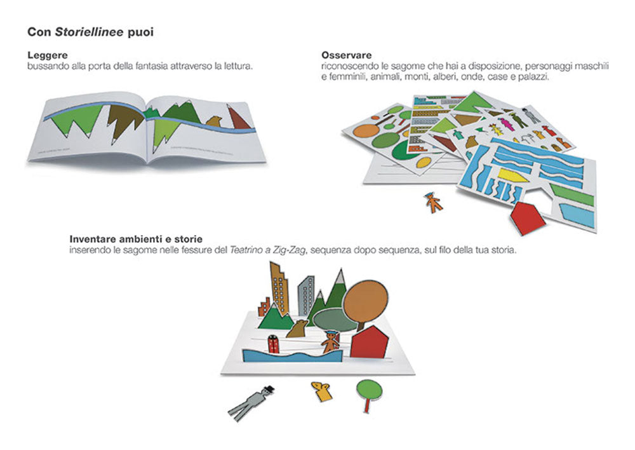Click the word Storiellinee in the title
click(89, 32)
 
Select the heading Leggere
click(48, 55)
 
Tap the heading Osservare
click(346, 55)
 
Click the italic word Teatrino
click(246, 250)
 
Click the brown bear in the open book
click(214, 121)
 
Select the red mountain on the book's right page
click(238, 118)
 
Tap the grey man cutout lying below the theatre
click(251, 402)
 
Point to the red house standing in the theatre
click(369, 342)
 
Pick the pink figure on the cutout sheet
click(506, 124)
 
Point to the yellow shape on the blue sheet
click(512, 175)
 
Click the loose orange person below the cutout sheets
click(434, 203)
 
